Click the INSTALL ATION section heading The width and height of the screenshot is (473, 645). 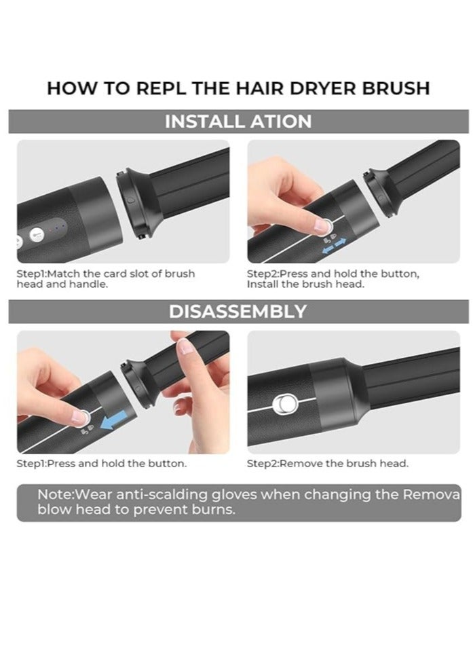(x=238, y=122)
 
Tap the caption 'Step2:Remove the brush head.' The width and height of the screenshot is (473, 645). (x=327, y=464)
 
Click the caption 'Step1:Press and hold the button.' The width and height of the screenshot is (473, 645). (x=102, y=464)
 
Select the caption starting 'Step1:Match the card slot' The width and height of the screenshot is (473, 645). (x=105, y=278)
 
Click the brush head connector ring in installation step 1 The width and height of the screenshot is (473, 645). (x=131, y=200)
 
